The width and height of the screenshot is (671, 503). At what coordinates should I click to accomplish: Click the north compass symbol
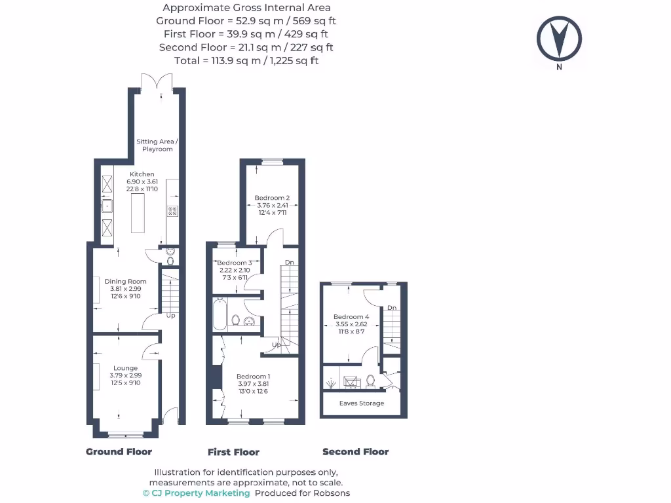(x=559, y=39)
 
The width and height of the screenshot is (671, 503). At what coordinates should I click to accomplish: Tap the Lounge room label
(x=125, y=368)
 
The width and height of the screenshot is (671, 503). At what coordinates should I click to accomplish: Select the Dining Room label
(x=125, y=282)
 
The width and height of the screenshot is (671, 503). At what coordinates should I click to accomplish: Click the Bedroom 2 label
(x=272, y=198)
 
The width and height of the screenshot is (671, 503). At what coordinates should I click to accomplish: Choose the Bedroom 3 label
(x=235, y=263)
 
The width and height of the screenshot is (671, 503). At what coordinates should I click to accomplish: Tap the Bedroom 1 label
(x=253, y=377)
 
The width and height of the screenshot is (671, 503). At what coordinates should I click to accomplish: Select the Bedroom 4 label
(x=351, y=317)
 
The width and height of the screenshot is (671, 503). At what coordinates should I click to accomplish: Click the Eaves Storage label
(x=362, y=403)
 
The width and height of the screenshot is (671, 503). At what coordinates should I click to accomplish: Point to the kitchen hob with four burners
(x=173, y=211)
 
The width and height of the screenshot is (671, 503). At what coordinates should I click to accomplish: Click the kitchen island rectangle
(x=138, y=214)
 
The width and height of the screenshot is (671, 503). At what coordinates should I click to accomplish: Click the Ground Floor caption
(x=119, y=452)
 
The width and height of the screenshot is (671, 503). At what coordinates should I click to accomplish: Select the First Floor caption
(x=233, y=452)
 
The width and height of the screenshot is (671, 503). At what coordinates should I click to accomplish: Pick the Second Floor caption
(x=355, y=452)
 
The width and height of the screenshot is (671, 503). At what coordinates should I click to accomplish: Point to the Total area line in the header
(x=246, y=61)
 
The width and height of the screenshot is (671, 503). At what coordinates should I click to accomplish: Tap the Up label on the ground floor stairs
(x=170, y=316)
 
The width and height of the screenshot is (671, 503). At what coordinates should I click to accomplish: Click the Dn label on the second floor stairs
(x=391, y=308)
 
